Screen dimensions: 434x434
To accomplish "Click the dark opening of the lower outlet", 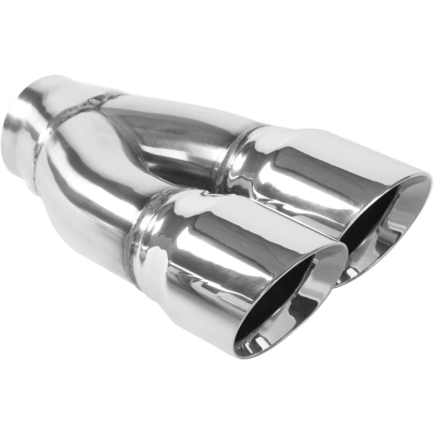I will [279, 297].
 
